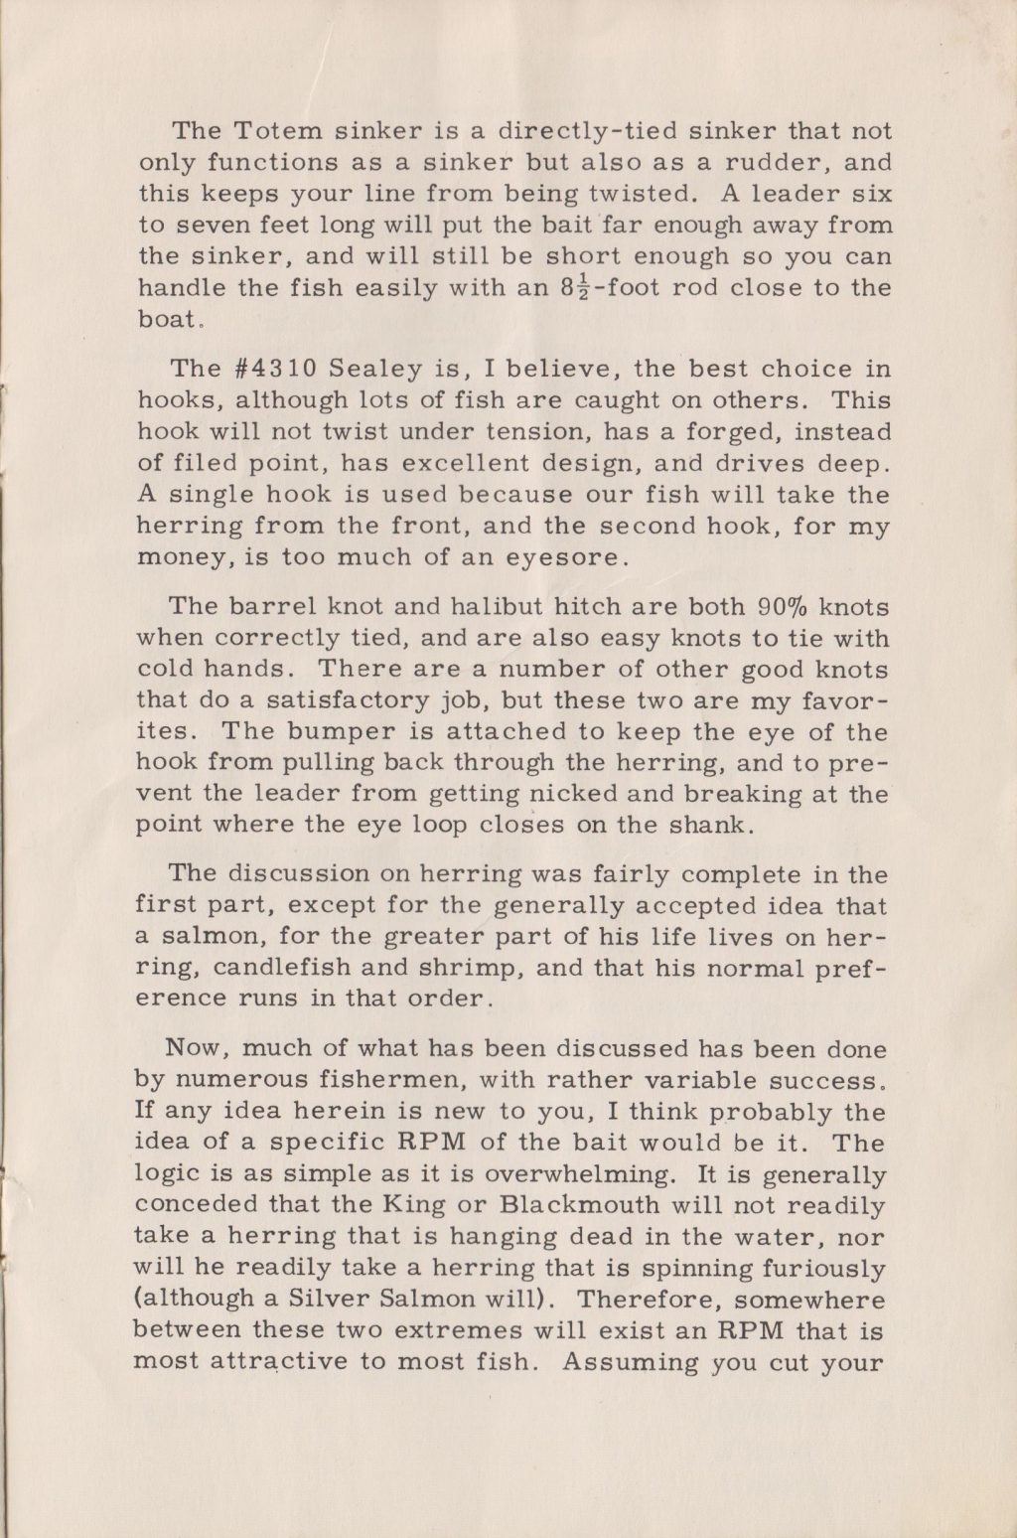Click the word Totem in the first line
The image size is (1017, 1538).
[x=272, y=131]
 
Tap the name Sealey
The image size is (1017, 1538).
[x=380, y=369]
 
